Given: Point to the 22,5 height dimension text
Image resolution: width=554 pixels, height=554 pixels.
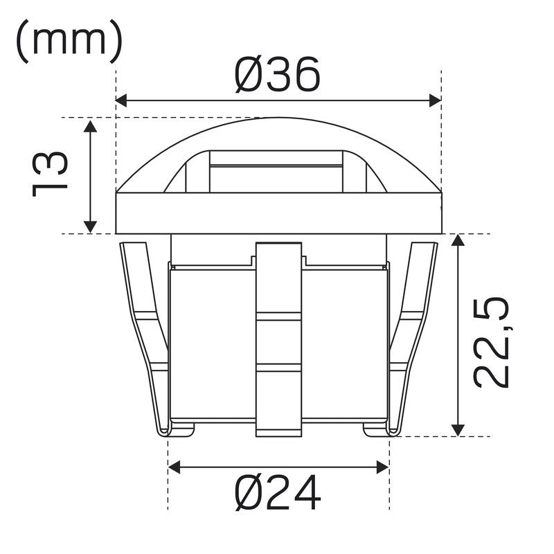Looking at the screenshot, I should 492,343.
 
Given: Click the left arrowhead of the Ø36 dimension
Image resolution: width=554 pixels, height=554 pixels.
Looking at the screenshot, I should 122,101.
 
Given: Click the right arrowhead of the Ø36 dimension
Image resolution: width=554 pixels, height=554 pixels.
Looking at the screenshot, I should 434,101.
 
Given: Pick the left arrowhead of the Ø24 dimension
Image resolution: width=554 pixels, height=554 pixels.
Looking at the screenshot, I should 175,467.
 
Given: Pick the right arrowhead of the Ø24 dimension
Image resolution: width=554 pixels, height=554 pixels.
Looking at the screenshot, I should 382,467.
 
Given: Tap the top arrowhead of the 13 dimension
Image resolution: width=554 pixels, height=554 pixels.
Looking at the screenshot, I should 91,125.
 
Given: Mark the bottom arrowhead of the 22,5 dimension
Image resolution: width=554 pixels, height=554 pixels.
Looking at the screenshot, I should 458,429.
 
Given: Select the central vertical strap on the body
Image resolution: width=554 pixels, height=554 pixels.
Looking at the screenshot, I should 278,339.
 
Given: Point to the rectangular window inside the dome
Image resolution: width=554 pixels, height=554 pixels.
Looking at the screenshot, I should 276,157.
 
